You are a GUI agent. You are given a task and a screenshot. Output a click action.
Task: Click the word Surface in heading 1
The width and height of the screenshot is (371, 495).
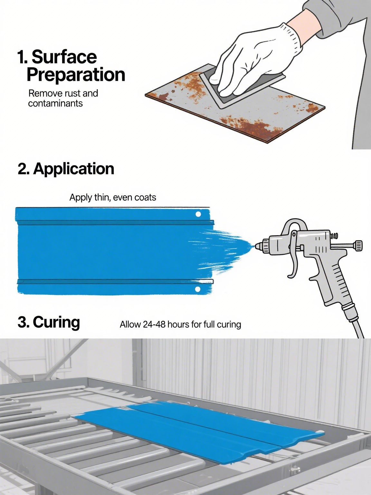click(64, 57)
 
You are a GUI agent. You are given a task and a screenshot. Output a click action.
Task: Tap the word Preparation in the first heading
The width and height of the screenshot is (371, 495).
click(76, 75)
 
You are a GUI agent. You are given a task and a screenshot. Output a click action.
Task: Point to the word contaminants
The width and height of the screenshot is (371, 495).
click(55, 103)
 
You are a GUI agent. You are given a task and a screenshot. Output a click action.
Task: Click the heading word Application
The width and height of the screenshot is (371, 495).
click(74, 169)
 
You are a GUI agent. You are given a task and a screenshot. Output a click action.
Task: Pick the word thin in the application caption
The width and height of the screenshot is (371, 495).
click(100, 197)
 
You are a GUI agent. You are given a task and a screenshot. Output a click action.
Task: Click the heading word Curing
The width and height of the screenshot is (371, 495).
click(56, 322)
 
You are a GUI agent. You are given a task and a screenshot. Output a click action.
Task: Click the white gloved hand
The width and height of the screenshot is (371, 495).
click(252, 61)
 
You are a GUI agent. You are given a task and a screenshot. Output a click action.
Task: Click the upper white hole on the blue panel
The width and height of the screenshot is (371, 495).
click(198, 214)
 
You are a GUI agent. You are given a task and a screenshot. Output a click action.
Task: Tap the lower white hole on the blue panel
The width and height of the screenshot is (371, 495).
click(198, 289)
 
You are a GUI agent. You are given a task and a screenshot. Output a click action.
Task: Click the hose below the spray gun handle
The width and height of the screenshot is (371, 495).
click(353, 323)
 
